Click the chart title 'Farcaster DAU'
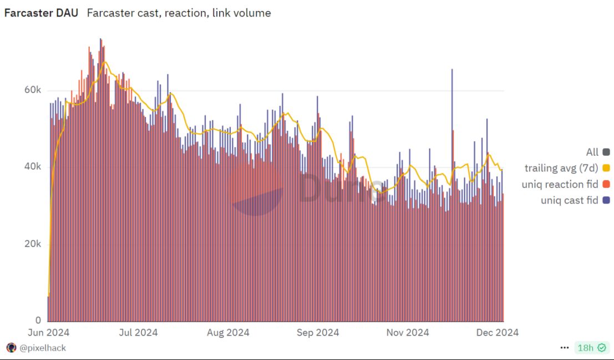coord(41,13)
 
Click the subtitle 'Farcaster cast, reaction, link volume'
coord(179,13)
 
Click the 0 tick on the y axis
coord(38,321)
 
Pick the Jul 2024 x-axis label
coord(138,333)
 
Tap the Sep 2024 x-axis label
coord(318,333)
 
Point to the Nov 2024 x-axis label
coord(408,333)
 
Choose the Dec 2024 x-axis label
coord(498,333)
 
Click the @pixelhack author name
coord(43,348)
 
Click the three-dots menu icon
coord(565,348)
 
